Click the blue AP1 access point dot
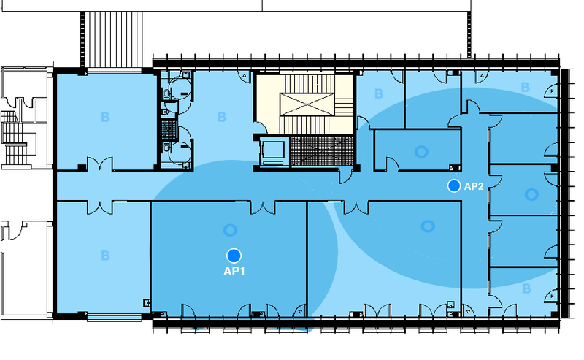click(234, 256)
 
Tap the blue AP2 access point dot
click(454, 185)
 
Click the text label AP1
click(234, 271)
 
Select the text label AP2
click(474, 186)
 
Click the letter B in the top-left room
click(105, 117)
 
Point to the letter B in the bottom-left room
click(105, 256)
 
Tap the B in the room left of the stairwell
click(222, 117)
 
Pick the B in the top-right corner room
click(525, 87)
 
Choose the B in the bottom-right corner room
click(526, 288)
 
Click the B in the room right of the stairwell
click(379, 93)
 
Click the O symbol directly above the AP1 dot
click(230, 230)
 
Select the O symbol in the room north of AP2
click(421, 152)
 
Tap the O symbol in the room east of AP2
click(531, 194)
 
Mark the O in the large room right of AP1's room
click(428, 226)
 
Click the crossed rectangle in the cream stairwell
click(307, 104)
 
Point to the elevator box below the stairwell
click(274, 151)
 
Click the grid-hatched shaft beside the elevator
click(321, 151)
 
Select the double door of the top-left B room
click(100, 164)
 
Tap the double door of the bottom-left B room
click(100, 207)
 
